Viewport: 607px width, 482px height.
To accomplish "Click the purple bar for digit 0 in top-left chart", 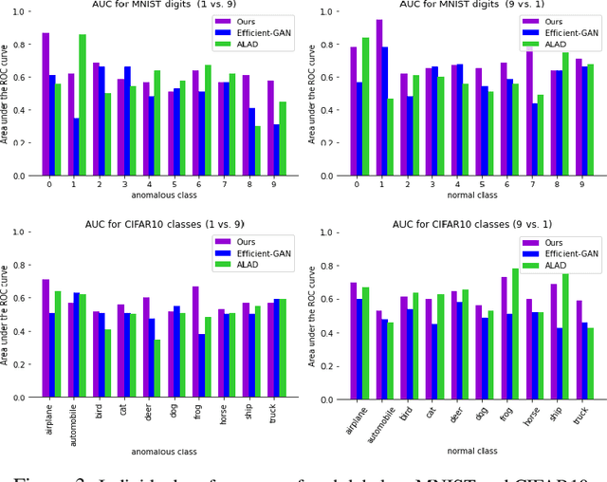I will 46,104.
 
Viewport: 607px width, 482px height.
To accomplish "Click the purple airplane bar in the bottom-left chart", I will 46,339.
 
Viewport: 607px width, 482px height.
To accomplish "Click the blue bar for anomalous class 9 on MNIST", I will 276,150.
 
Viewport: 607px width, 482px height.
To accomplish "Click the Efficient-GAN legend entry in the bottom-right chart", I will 565,254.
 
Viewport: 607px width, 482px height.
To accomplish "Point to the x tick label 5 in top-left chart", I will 173,185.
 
